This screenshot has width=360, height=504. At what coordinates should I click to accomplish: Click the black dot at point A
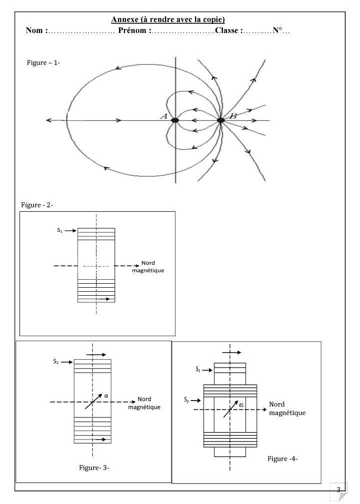pos(175,120)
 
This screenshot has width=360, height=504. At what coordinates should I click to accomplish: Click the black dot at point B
pos(220,120)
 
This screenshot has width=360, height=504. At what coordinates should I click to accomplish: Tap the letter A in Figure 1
pos(163,116)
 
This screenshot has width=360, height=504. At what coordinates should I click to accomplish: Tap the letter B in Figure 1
pos(232,116)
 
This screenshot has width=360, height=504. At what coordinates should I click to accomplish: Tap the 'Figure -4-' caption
pos(282,459)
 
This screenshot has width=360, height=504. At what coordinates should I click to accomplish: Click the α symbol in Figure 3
pos(106,396)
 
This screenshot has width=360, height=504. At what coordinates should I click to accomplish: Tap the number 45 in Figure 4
pos(241,405)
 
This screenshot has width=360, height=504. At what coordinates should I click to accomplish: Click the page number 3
pos(340,490)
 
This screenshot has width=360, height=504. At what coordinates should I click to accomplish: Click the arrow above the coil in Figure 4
pos(231,352)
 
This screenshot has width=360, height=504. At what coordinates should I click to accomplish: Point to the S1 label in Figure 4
pos(198,370)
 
